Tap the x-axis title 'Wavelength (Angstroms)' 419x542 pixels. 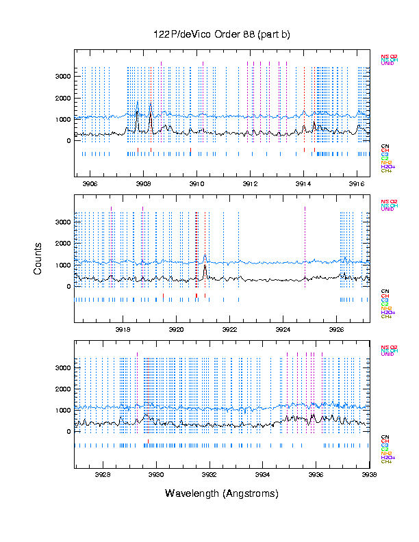click(x=222, y=493)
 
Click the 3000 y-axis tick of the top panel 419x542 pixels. click(x=63, y=77)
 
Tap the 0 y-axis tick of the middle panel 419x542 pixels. click(x=68, y=286)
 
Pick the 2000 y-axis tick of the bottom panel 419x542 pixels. click(x=63, y=389)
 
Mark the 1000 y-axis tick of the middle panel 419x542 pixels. click(x=63, y=265)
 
